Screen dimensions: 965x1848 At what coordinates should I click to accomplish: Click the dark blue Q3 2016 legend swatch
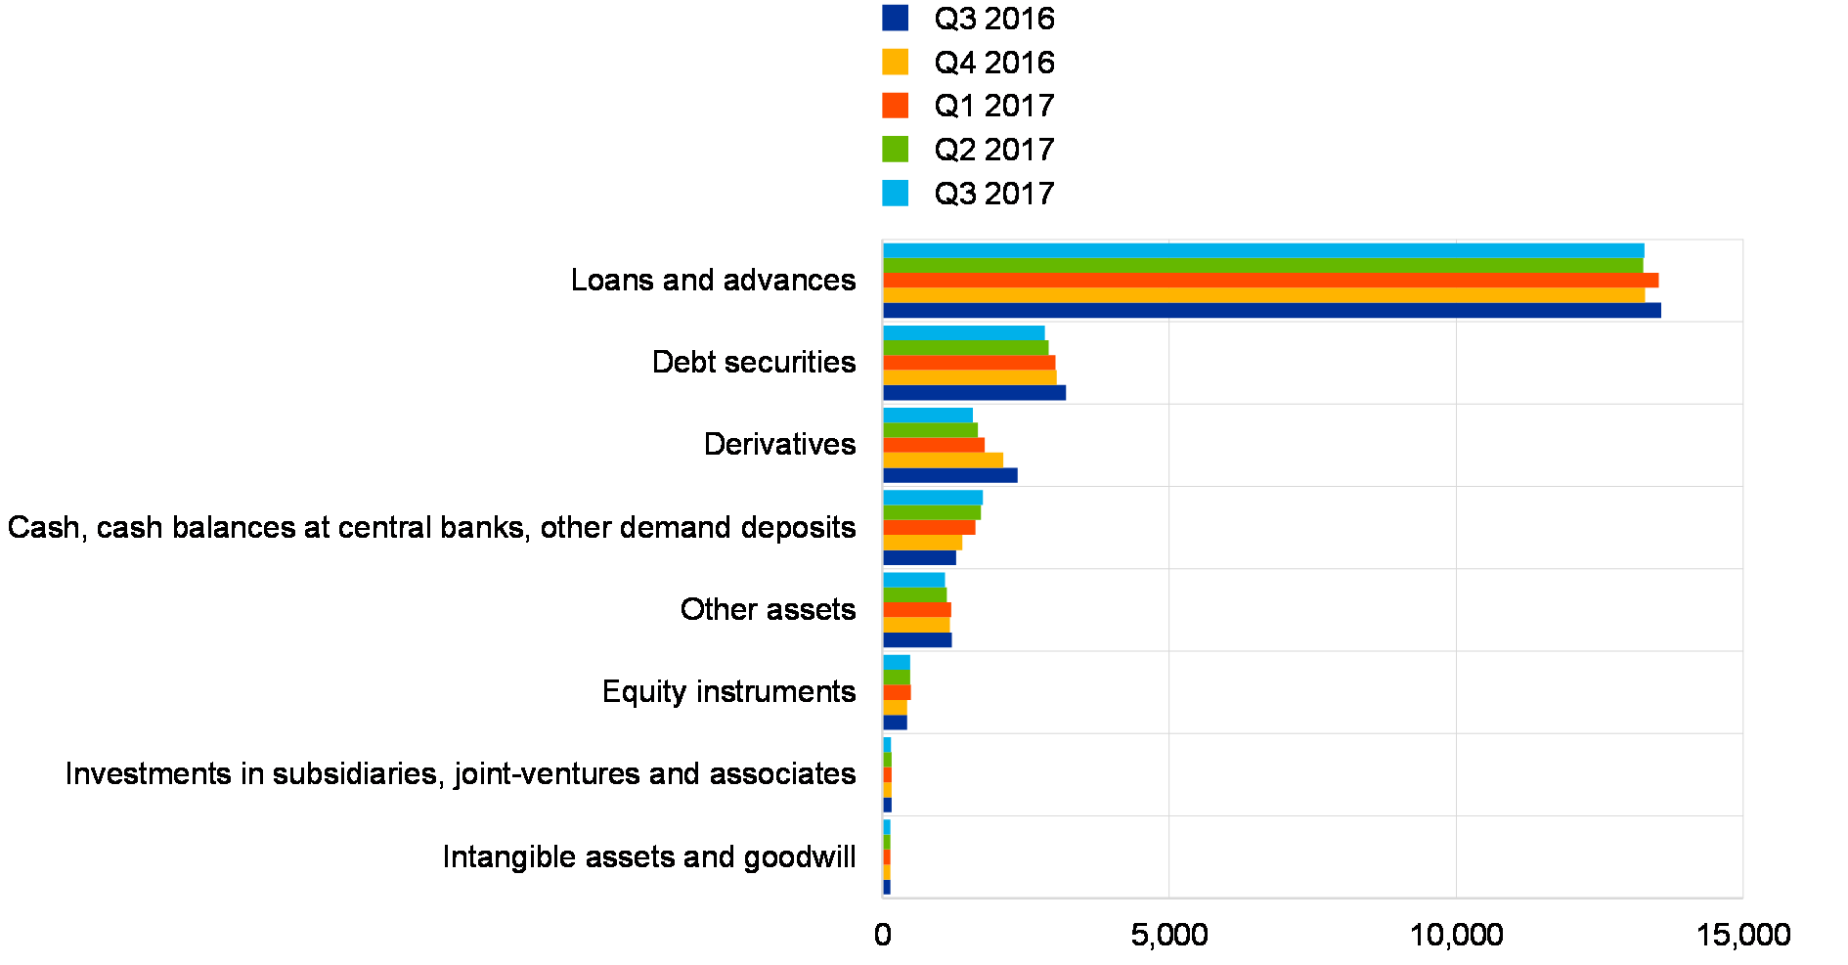click(895, 18)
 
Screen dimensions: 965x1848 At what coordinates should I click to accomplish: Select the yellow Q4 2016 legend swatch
click(895, 62)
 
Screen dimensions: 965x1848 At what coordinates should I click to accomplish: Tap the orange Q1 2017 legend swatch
click(895, 106)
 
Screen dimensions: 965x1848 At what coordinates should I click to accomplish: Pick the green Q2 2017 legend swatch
click(895, 150)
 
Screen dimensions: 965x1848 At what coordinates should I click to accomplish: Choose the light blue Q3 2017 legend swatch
click(895, 194)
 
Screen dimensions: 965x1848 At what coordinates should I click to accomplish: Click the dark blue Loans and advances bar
click(1271, 311)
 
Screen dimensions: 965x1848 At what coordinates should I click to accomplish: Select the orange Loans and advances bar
click(1270, 281)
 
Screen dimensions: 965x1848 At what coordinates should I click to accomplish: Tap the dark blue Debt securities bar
click(974, 393)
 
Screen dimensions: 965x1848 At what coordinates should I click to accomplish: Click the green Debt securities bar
click(965, 348)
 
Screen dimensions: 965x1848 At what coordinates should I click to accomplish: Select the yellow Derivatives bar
click(943, 461)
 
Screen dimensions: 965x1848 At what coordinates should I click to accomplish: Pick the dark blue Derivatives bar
click(949, 475)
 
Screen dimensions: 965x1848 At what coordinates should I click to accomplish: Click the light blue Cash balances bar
click(933, 498)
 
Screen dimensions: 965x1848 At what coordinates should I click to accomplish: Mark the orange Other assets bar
click(916, 610)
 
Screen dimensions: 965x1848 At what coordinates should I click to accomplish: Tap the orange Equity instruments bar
click(897, 692)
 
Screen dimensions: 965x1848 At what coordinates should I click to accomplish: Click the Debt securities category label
click(760, 363)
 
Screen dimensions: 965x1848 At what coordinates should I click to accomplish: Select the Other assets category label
click(769, 610)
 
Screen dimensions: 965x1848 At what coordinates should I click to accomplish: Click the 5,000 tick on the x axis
click(1169, 936)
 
